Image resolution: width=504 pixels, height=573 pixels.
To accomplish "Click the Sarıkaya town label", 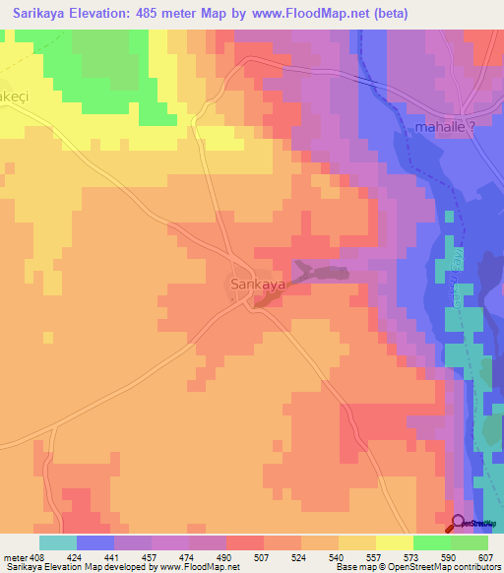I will [x=257, y=285].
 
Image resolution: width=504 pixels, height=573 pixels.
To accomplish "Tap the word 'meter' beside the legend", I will [x=14, y=557].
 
